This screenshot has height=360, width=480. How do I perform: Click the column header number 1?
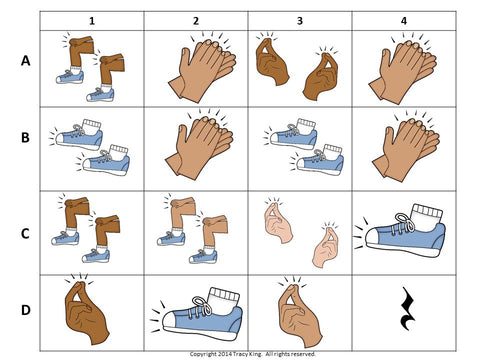(92, 21)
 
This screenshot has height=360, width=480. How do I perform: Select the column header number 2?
(196, 21)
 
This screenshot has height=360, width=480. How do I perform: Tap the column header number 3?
(300, 21)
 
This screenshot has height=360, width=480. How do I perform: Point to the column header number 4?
(404, 21)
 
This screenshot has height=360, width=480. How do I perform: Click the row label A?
(26, 61)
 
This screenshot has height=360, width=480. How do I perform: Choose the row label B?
(25, 138)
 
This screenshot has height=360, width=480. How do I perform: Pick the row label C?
(25, 234)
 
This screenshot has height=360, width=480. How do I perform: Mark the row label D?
(26, 310)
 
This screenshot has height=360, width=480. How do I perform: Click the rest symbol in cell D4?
(407, 308)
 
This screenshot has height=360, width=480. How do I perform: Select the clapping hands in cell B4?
(405, 148)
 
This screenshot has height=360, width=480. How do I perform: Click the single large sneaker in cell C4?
(400, 231)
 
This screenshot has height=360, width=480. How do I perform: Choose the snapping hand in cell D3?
(299, 312)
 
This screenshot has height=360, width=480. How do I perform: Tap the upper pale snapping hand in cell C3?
(278, 221)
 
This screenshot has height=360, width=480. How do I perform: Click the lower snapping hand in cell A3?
(321, 75)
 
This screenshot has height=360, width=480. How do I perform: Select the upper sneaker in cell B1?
(77, 134)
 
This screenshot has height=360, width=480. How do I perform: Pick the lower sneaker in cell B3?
(317, 160)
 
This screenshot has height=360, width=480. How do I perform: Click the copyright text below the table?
(253, 354)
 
